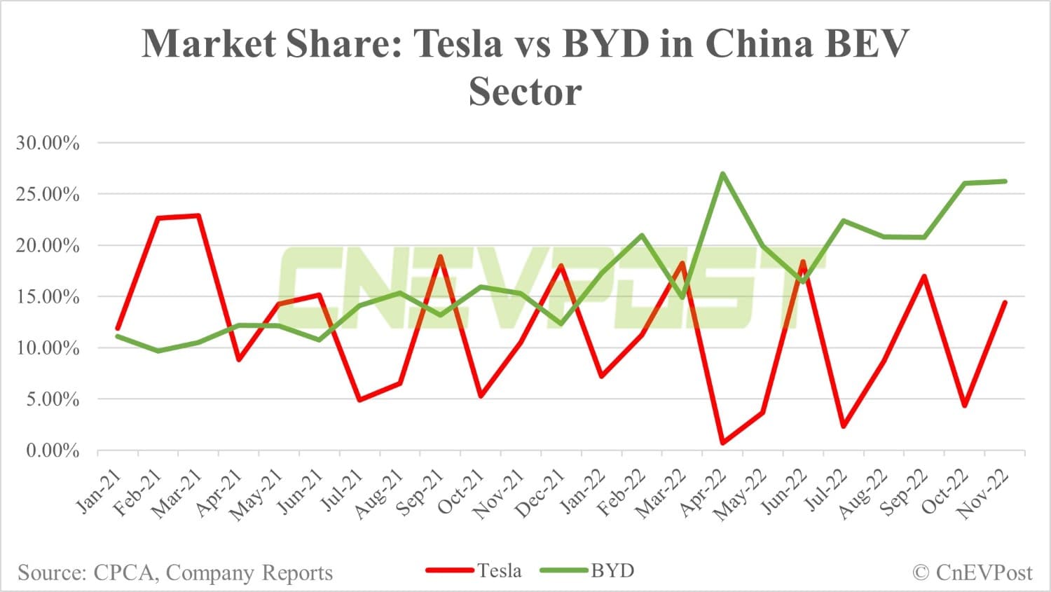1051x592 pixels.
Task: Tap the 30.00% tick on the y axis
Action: click(x=48, y=143)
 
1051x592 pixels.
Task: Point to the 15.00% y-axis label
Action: click(x=48, y=296)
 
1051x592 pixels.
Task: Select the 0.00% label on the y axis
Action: click(x=53, y=450)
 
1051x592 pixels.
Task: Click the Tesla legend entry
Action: click(x=499, y=571)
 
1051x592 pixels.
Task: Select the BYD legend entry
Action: click(x=612, y=571)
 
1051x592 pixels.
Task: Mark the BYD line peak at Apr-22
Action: click(x=722, y=173)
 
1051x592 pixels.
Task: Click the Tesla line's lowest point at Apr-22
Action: click(x=722, y=443)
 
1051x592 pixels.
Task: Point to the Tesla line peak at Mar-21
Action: click(x=198, y=215)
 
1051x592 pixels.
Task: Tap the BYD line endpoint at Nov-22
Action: click(x=1005, y=181)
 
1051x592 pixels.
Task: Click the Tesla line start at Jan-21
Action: click(x=118, y=328)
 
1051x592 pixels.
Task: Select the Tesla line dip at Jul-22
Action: click(x=844, y=426)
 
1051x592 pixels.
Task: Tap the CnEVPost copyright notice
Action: click(x=972, y=572)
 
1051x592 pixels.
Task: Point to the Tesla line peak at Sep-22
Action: click(x=924, y=276)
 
